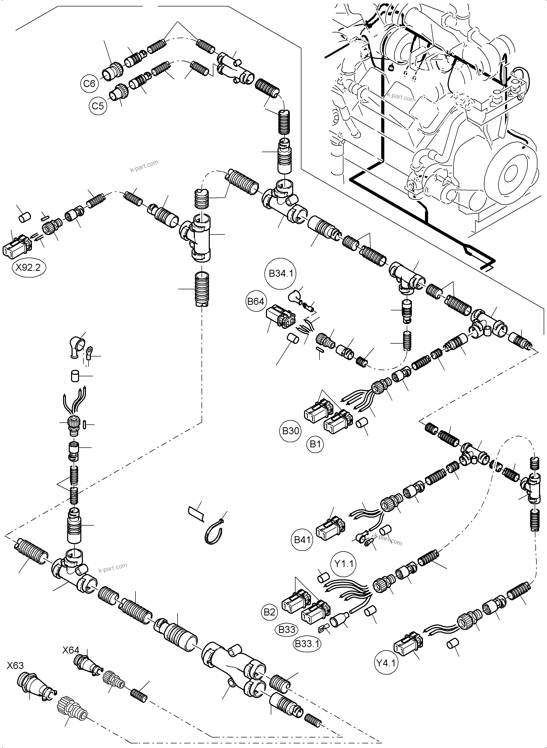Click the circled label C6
[89, 83]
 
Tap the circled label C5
[98, 106]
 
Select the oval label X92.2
[29, 267]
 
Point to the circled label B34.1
[281, 274]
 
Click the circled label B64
[256, 301]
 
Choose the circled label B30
[291, 431]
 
